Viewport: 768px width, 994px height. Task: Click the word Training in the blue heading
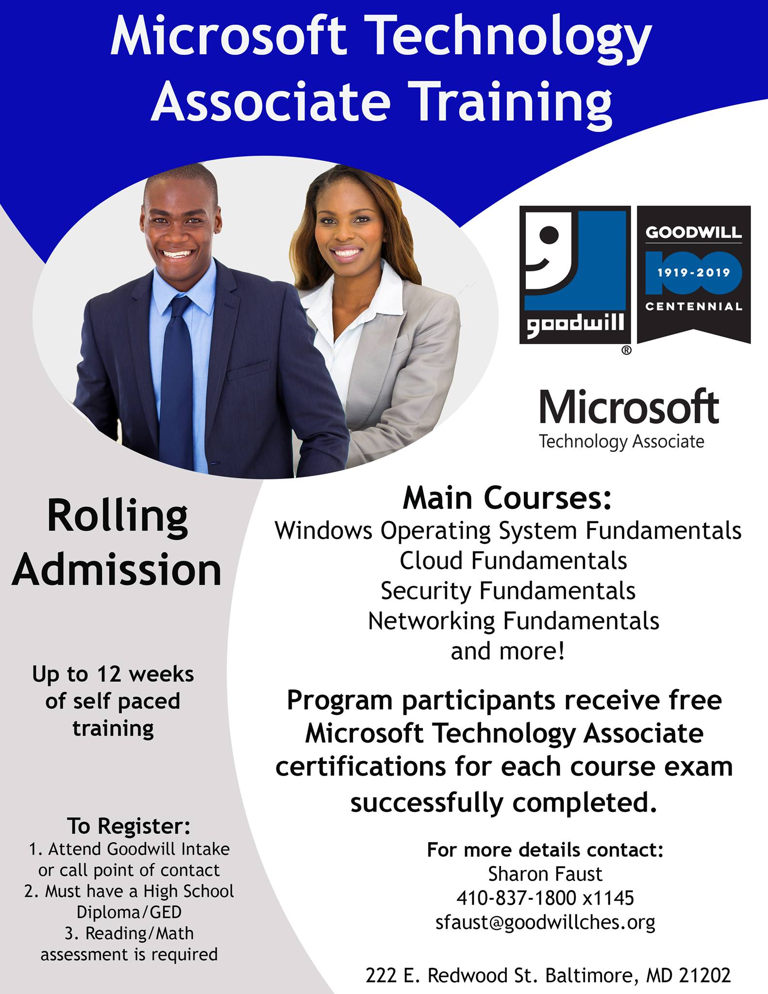(513, 101)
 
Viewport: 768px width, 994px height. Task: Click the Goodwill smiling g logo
(575, 275)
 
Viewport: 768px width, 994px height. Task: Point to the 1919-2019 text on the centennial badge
(694, 273)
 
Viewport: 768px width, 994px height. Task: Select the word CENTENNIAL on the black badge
(694, 307)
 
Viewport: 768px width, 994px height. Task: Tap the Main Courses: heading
(507, 498)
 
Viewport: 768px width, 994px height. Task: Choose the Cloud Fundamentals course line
(513, 561)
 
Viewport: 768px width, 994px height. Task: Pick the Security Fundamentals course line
(508, 591)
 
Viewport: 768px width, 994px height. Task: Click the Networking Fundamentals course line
(514, 621)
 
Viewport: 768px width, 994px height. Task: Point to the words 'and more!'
(508, 651)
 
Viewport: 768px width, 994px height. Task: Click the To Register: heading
(129, 826)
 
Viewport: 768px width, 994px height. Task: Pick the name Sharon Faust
(545, 874)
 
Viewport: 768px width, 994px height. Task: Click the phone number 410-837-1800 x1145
(545, 898)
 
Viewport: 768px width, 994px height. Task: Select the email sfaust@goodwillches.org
(545, 922)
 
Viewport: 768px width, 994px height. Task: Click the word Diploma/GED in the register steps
(129, 912)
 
